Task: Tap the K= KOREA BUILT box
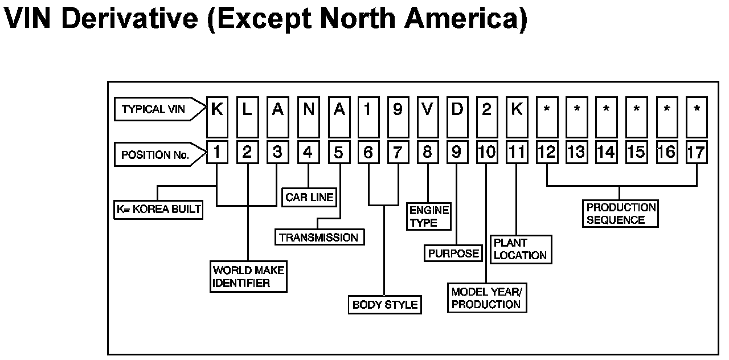coord(158,209)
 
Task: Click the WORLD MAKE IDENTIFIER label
coord(248,276)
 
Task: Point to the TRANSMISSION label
coord(319,238)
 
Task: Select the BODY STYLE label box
coord(384,304)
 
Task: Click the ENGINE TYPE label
coord(428,216)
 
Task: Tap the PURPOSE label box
coord(453,253)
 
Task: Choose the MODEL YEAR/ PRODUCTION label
coord(486,298)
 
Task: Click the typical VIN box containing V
coord(428,109)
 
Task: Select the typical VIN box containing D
coord(457,109)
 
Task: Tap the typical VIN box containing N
coord(308,109)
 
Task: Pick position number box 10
coord(487,152)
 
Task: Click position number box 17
coord(697,152)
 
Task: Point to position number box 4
coord(308,152)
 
